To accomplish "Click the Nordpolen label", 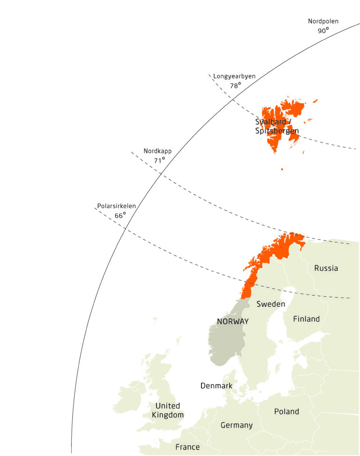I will (323, 21).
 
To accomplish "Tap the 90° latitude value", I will (322, 30).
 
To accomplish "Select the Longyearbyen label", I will (234, 76).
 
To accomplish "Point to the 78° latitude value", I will (234, 86).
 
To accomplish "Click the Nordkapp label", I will (157, 151).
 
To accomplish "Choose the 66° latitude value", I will (120, 216).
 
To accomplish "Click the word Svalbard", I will (270, 122).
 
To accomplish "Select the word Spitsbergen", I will (277, 131).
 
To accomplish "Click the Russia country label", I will (326, 268).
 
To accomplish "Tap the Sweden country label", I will (271, 304).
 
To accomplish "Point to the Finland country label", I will (307, 319).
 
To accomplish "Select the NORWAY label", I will (232, 321).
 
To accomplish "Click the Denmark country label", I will (217, 386).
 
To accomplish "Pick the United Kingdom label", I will (168, 410).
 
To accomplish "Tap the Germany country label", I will (237, 425).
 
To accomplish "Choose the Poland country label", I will (286, 411).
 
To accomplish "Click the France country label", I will (187, 447).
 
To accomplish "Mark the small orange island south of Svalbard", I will (282, 169).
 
